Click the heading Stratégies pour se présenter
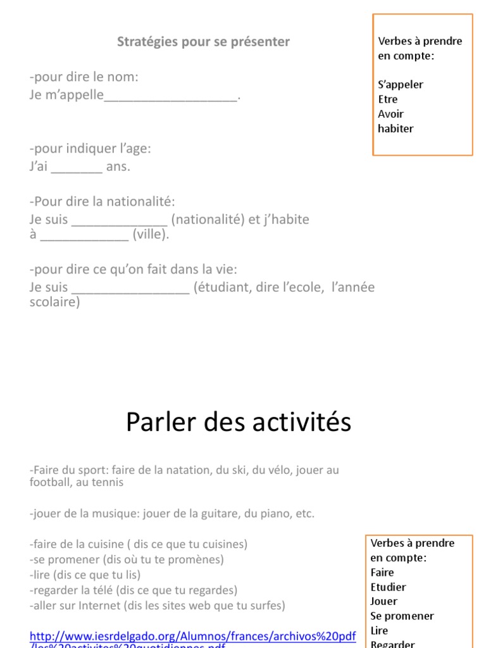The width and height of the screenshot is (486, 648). click(x=203, y=42)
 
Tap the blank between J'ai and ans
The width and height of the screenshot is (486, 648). click(x=76, y=168)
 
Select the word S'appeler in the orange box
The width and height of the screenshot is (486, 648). click(x=401, y=85)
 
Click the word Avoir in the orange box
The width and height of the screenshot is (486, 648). click(x=390, y=114)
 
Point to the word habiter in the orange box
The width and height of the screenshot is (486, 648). click(x=396, y=128)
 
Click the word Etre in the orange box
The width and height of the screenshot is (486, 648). click(x=388, y=99)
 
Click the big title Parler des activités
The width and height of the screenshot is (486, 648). click(x=239, y=422)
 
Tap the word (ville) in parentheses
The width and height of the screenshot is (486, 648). click(x=151, y=234)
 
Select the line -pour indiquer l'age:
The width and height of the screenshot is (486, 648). click(x=90, y=149)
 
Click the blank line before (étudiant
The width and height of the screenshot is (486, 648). click(x=131, y=288)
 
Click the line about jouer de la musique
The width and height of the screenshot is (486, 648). click(x=171, y=513)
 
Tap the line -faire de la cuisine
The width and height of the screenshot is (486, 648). click(x=138, y=544)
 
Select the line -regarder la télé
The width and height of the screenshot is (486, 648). click(x=134, y=590)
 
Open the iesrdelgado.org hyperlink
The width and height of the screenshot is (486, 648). click(x=192, y=636)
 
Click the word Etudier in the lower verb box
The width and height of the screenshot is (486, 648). click(x=388, y=587)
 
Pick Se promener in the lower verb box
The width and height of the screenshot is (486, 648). click(x=402, y=616)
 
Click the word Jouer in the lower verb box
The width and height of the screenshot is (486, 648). click(x=383, y=602)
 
